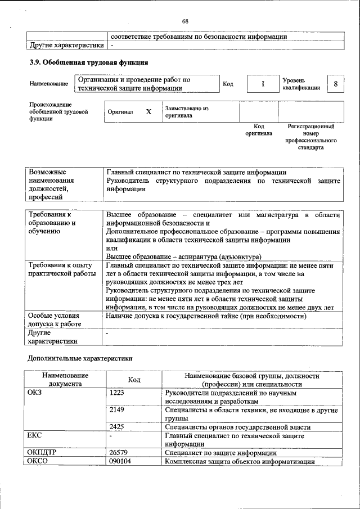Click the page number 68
[x=184, y=21]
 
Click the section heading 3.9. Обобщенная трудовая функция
[x=89, y=62]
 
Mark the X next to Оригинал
[x=148, y=111]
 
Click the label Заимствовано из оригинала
[x=187, y=111]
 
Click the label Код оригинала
[x=259, y=130]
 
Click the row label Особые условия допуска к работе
[x=55, y=320]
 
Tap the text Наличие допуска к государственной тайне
[x=214, y=316]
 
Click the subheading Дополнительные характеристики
[x=80, y=358]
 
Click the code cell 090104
[x=120, y=461]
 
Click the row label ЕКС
[x=35, y=435]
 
